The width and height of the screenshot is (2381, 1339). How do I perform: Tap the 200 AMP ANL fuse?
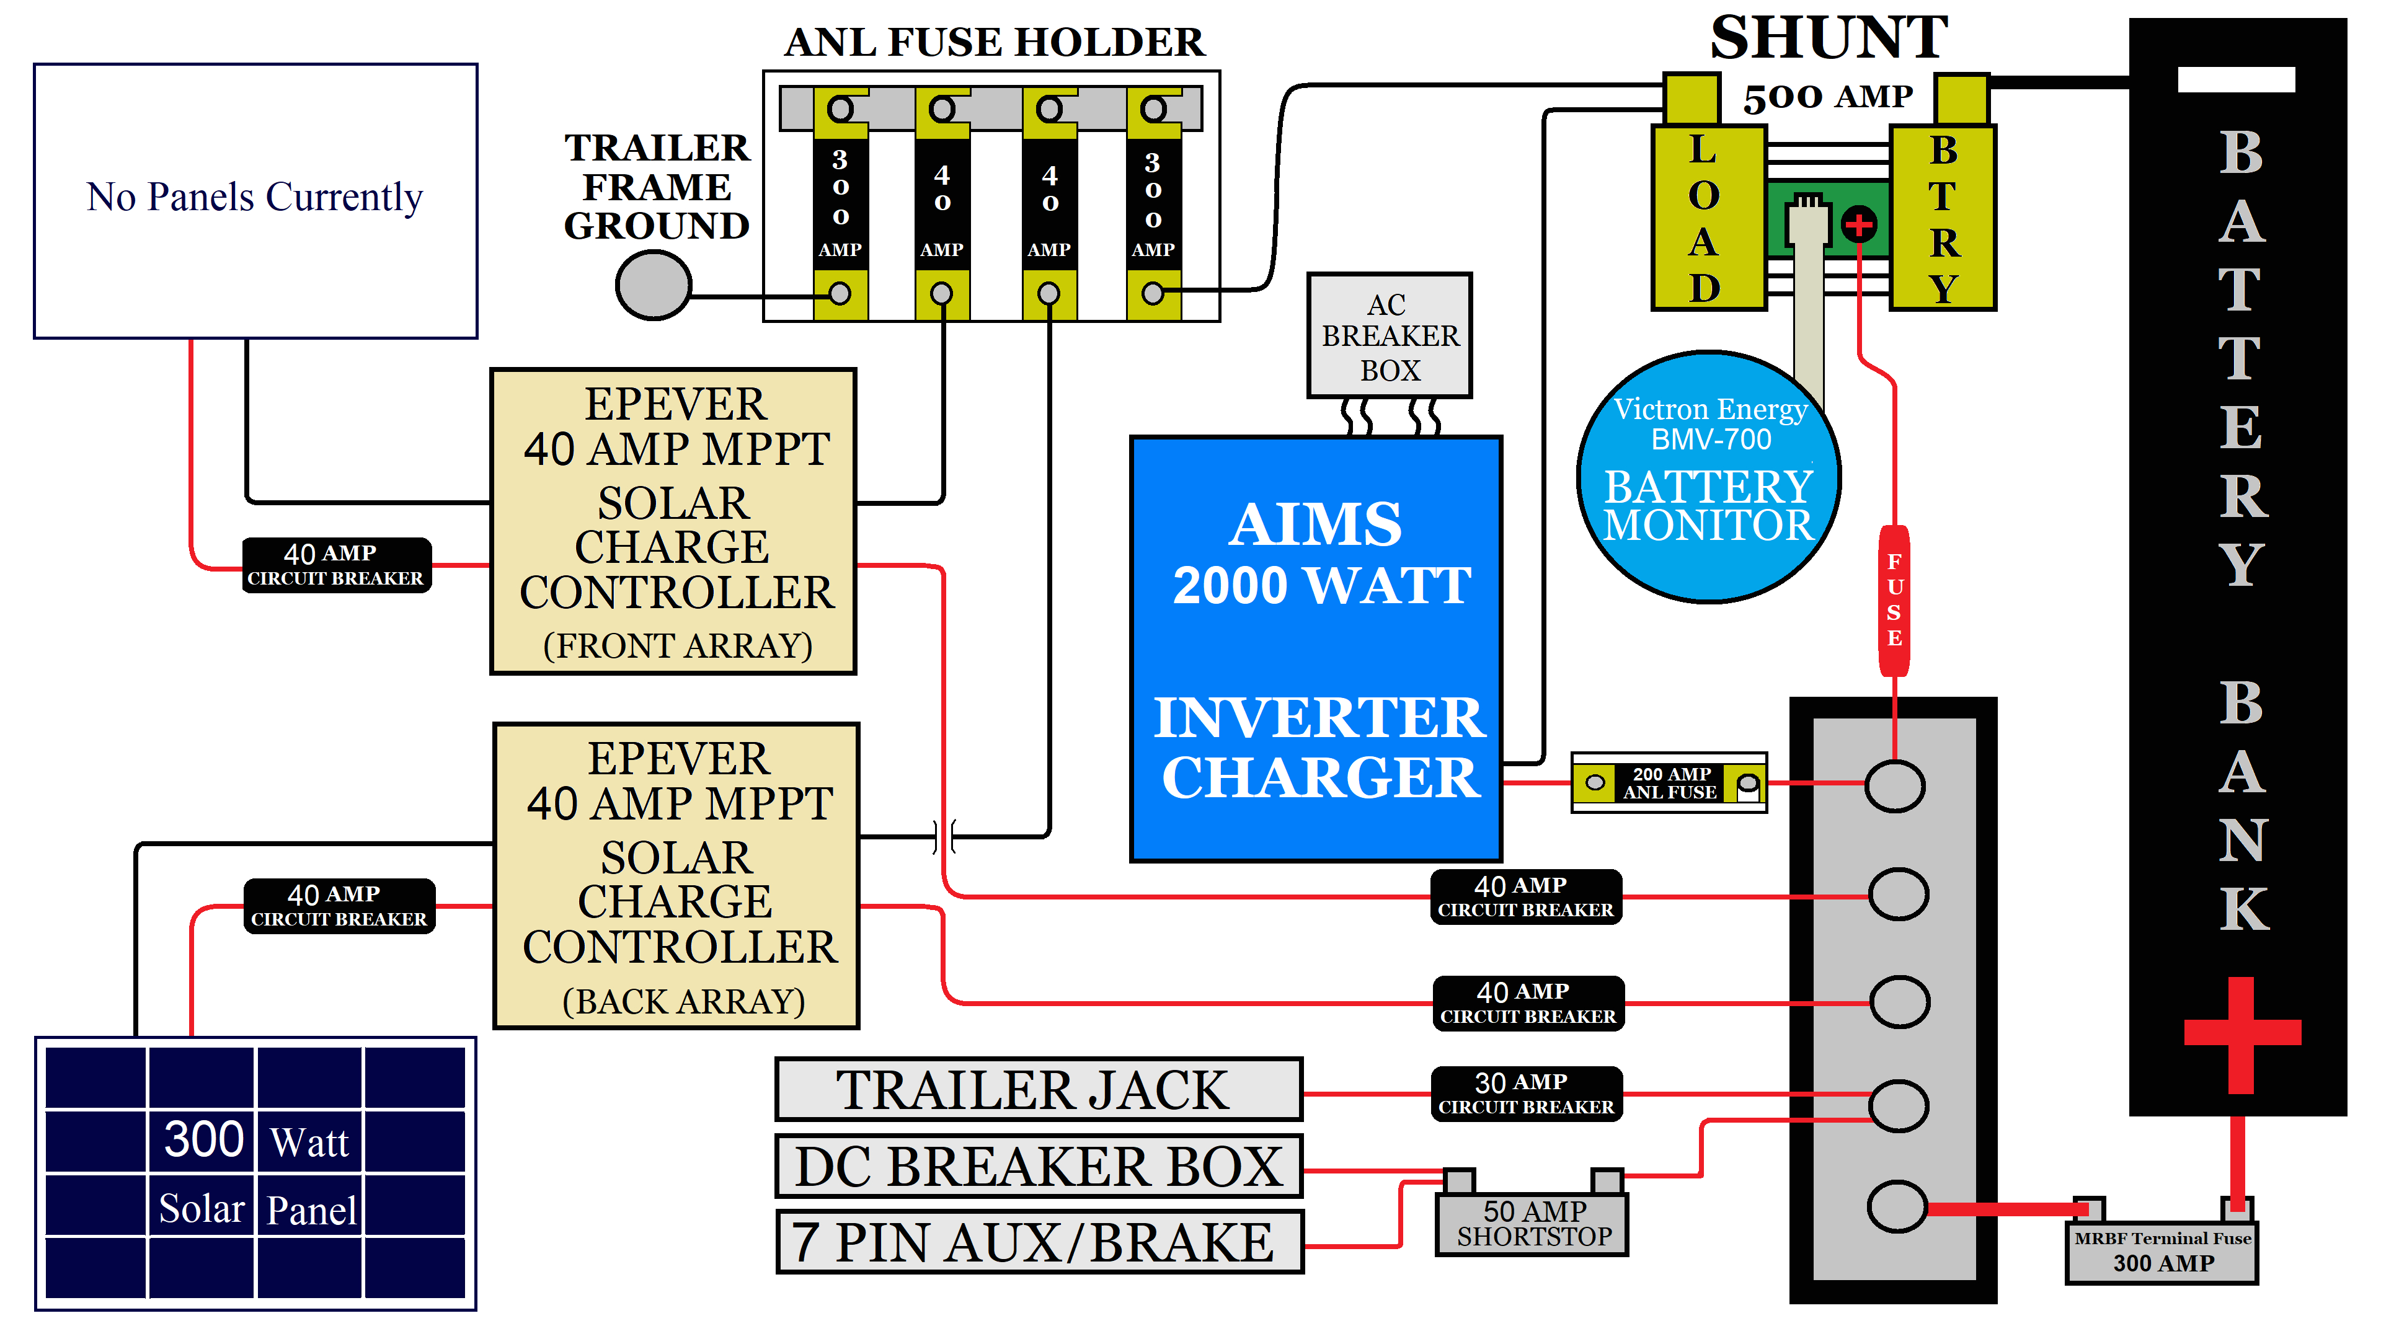click(1669, 783)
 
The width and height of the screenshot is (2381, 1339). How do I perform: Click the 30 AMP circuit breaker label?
click(1526, 1093)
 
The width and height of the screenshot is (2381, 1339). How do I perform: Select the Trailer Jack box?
click(1038, 1090)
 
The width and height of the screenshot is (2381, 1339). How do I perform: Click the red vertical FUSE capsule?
click(1894, 601)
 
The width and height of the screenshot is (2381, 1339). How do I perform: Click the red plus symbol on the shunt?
click(1859, 224)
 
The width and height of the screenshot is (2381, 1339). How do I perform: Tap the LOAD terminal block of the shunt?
click(1706, 219)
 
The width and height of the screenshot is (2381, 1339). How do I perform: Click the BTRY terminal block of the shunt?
click(1943, 219)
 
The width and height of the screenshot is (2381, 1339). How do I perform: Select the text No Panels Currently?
click(255, 197)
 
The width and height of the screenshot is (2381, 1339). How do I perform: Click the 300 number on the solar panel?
click(203, 1139)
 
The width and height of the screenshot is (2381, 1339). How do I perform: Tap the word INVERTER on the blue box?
click(1318, 718)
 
